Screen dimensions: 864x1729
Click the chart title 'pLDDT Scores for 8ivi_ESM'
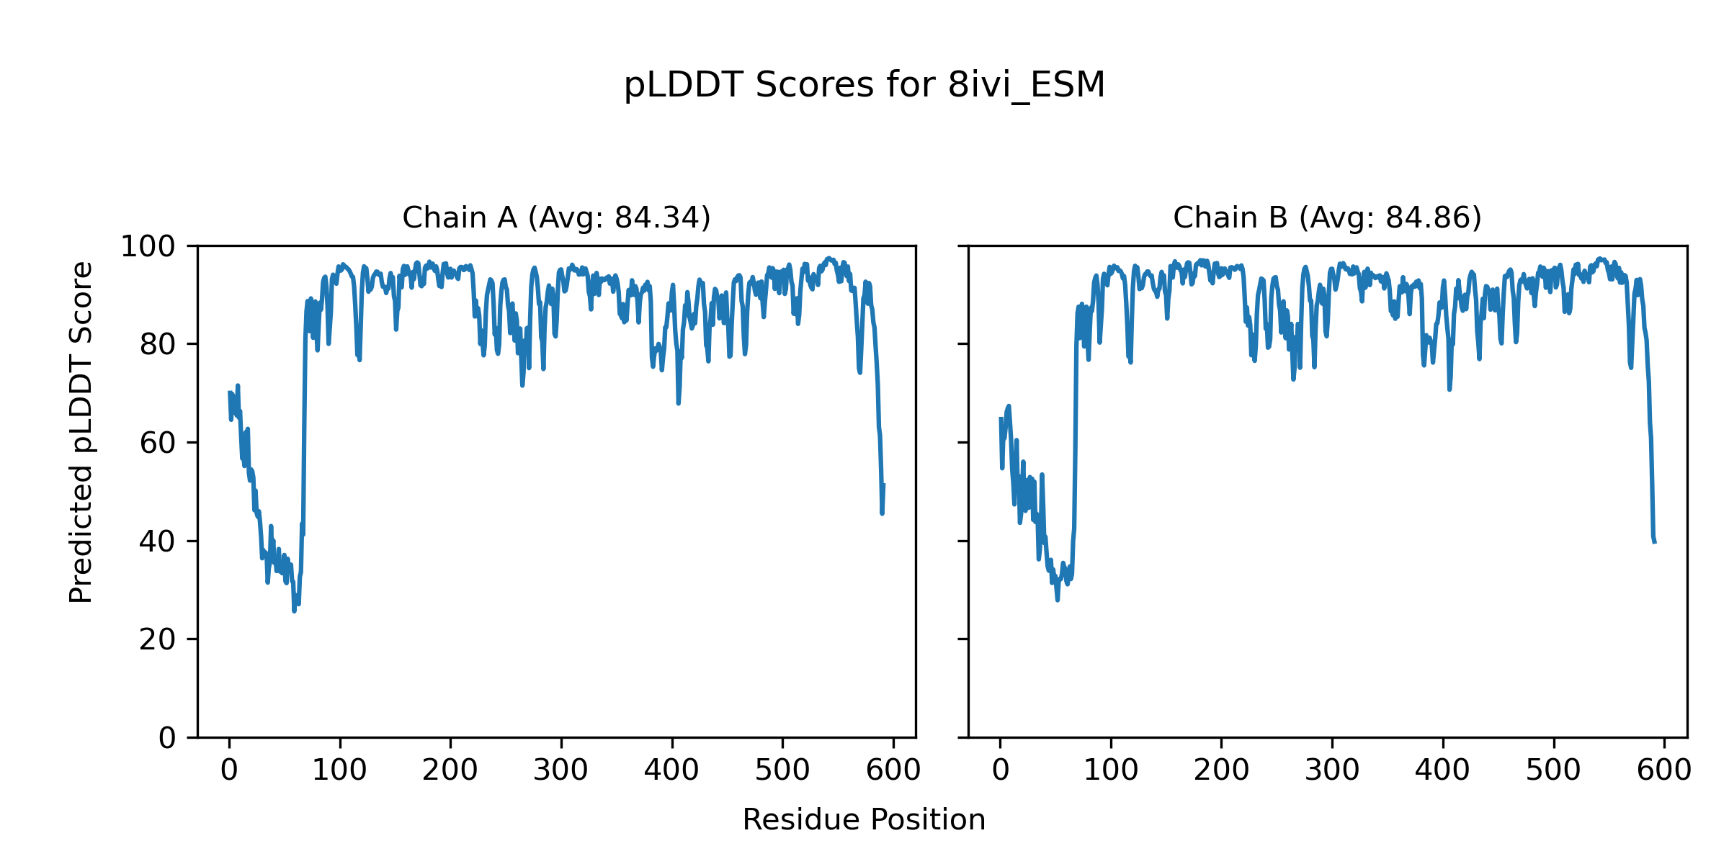click(x=864, y=86)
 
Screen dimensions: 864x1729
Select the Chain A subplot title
click(x=556, y=217)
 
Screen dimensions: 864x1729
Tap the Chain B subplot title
click(x=1327, y=217)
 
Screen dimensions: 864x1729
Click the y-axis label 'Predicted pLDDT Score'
click(x=81, y=432)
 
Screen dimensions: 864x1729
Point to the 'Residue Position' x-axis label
click(x=864, y=820)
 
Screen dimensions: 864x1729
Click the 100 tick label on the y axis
click(x=148, y=247)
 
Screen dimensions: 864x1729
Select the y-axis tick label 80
click(x=158, y=345)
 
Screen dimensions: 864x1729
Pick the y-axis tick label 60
click(x=158, y=443)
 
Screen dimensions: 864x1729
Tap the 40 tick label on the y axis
click(x=158, y=541)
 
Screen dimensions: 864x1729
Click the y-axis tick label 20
click(x=158, y=639)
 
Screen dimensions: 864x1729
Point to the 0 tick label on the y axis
click(x=167, y=738)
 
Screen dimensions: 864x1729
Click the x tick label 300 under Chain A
click(x=560, y=771)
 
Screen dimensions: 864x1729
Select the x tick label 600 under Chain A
click(x=893, y=771)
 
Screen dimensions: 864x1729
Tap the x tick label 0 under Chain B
click(x=1000, y=771)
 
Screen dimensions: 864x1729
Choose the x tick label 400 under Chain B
click(x=1442, y=771)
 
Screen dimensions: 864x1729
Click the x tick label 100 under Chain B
click(x=1111, y=771)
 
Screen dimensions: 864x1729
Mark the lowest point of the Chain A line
click(x=294, y=611)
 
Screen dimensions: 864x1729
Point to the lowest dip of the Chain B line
click(x=1058, y=600)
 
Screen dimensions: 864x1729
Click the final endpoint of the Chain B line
click(x=1655, y=542)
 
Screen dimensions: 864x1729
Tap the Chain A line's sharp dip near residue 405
click(x=678, y=403)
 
